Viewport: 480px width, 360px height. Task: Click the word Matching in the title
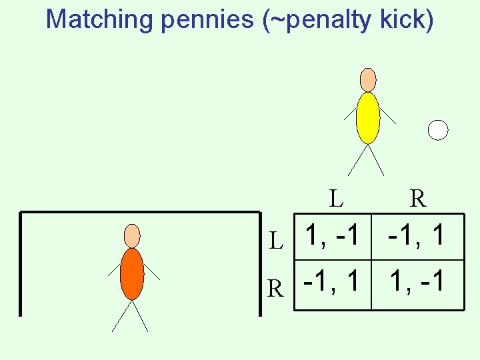click(x=99, y=19)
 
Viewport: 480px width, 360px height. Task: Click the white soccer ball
click(x=438, y=130)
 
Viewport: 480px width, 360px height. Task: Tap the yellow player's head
click(x=368, y=79)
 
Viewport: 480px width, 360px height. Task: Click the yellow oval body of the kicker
click(x=368, y=117)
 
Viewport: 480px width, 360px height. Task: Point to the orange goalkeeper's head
click(x=133, y=235)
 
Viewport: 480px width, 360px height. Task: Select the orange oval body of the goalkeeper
click(x=132, y=273)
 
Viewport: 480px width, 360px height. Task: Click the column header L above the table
click(x=336, y=197)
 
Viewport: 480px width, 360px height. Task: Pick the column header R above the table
click(x=418, y=197)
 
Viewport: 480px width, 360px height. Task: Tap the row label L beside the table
click(x=276, y=241)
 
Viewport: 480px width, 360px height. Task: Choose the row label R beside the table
click(x=275, y=287)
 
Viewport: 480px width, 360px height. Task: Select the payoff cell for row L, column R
click(x=417, y=236)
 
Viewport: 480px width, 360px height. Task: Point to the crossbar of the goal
click(x=140, y=213)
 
